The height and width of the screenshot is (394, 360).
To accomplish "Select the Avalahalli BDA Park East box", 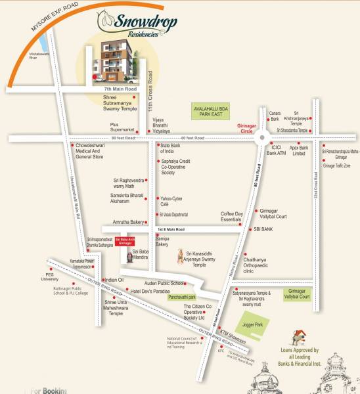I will point(212,111).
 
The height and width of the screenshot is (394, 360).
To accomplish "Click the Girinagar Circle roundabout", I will point(263,138).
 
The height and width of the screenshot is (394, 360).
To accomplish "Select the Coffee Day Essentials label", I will point(231,217).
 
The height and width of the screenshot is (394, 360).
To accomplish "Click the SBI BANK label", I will point(263,229).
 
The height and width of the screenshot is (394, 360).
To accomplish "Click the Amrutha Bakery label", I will point(129,223).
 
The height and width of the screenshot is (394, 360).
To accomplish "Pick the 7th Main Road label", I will point(120,88).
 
